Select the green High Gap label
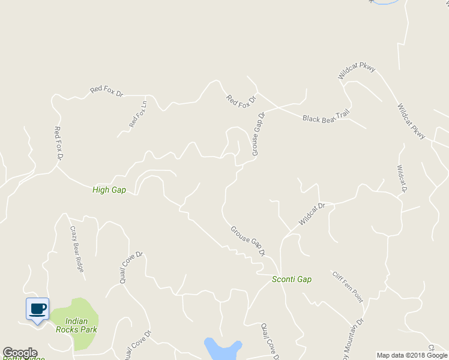pyautogui.click(x=109, y=190)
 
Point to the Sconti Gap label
pyautogui.click(x=292, y=279)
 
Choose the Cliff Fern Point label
pyautogui.click(x=348, y=286)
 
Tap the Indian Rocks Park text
pyautogui.click(x=76, y=325)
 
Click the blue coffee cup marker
pyautogui.click(x=37, y=309)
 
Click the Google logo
pyautogui.click(x=19, y=353)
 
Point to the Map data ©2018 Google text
pyautogui.click(x=412, y=355)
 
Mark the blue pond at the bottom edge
pyautogui.click(x=222, y=349)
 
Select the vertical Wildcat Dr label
pyautogui.click(x=402, y=179)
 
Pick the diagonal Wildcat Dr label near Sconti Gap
pyautogui.click(x=312, y=214)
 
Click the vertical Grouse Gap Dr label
pyautogui.click(x=258, y=134)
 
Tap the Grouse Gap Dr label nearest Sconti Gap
pyautogui.click(x=248, y=241)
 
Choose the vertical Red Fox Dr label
pyautogui.click(x=59, y=143)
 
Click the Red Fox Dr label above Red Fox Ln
pyautogui.click(x=106, y=91)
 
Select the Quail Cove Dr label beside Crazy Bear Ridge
pyautogui.click(x=131, y=267)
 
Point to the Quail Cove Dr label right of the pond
pyautogui.click(x=270, y=340)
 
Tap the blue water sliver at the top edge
pyautogui.click(x=384, y=2)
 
